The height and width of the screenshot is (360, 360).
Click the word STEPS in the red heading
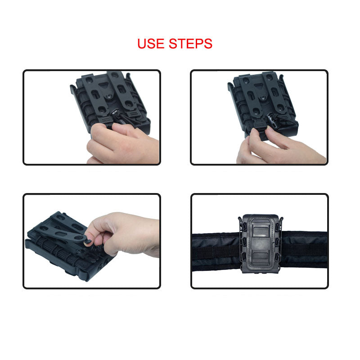coord(190,44)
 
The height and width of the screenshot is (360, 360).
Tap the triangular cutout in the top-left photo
coord(103,85)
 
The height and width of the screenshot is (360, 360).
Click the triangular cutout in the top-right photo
coord(258,86)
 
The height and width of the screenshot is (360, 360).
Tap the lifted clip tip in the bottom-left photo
coord(87,241)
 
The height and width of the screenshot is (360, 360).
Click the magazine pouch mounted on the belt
coord(261,244)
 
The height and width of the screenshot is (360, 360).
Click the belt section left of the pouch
coord(216,252)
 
